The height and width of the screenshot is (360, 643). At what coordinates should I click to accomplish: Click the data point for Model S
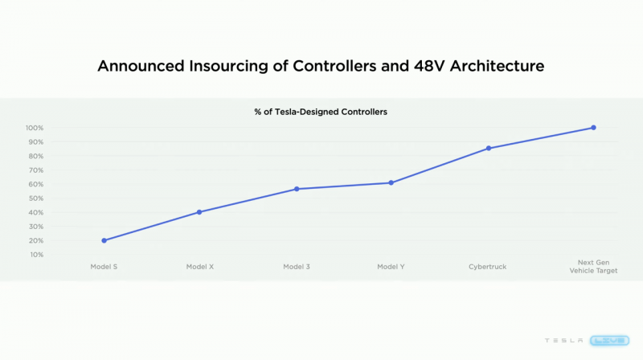[104, 241]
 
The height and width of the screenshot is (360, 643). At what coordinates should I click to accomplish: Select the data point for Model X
[199, 212]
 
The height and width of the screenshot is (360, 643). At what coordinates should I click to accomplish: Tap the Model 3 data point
[297, 189]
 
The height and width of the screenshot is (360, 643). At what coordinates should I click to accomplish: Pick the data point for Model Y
[391, 183]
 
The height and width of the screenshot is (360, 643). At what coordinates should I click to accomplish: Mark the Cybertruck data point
[489, 149]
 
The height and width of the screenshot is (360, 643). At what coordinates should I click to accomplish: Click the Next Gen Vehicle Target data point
[593, 128]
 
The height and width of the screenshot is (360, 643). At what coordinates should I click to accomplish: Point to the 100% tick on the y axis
[35, 128]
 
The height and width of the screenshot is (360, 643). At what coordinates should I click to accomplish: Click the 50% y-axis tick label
[36, 198]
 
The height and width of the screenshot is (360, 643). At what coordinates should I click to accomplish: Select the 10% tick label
[36, 255]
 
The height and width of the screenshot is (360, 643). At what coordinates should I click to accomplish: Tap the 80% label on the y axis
[36, 156]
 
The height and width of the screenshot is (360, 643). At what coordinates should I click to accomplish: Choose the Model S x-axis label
[104, 267]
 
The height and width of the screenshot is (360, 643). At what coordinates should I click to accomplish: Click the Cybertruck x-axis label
[488, 267]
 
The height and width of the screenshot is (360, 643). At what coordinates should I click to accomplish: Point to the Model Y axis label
[391, 267]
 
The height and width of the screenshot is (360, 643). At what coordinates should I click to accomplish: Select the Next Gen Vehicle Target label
[593, 267]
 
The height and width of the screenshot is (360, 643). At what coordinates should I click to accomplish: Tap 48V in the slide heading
[429, 66]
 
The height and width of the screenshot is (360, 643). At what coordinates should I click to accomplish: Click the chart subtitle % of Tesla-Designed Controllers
[321, 112]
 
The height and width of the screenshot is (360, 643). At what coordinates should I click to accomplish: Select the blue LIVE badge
[610, 341]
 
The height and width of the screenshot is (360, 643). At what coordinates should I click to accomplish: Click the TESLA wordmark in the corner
[564, 341]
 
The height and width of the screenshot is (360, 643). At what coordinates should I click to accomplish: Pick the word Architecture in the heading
[497, 66]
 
